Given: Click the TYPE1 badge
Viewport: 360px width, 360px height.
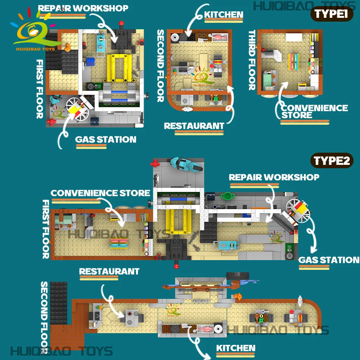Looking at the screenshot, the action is coord(332,14).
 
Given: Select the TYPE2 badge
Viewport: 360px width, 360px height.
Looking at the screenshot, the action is coord(332,161).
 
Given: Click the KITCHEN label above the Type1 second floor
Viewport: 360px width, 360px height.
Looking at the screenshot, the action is coord(224,15).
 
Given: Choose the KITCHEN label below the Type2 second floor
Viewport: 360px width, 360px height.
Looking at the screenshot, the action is coord(236,348).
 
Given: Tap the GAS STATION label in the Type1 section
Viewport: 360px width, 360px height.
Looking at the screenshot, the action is coord(106,139).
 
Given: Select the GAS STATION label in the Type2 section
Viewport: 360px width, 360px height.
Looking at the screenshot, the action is coord(329,260).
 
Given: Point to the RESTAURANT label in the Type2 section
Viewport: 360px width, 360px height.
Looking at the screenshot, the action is coord(109,271).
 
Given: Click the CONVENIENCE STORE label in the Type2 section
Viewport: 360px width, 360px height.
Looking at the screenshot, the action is coord(100,193).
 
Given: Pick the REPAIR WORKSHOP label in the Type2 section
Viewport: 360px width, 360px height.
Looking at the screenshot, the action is coord(274,177).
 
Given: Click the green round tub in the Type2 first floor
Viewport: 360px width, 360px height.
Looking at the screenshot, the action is coord(227,196).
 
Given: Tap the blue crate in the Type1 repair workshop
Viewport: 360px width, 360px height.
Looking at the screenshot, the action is coord(91,61).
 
